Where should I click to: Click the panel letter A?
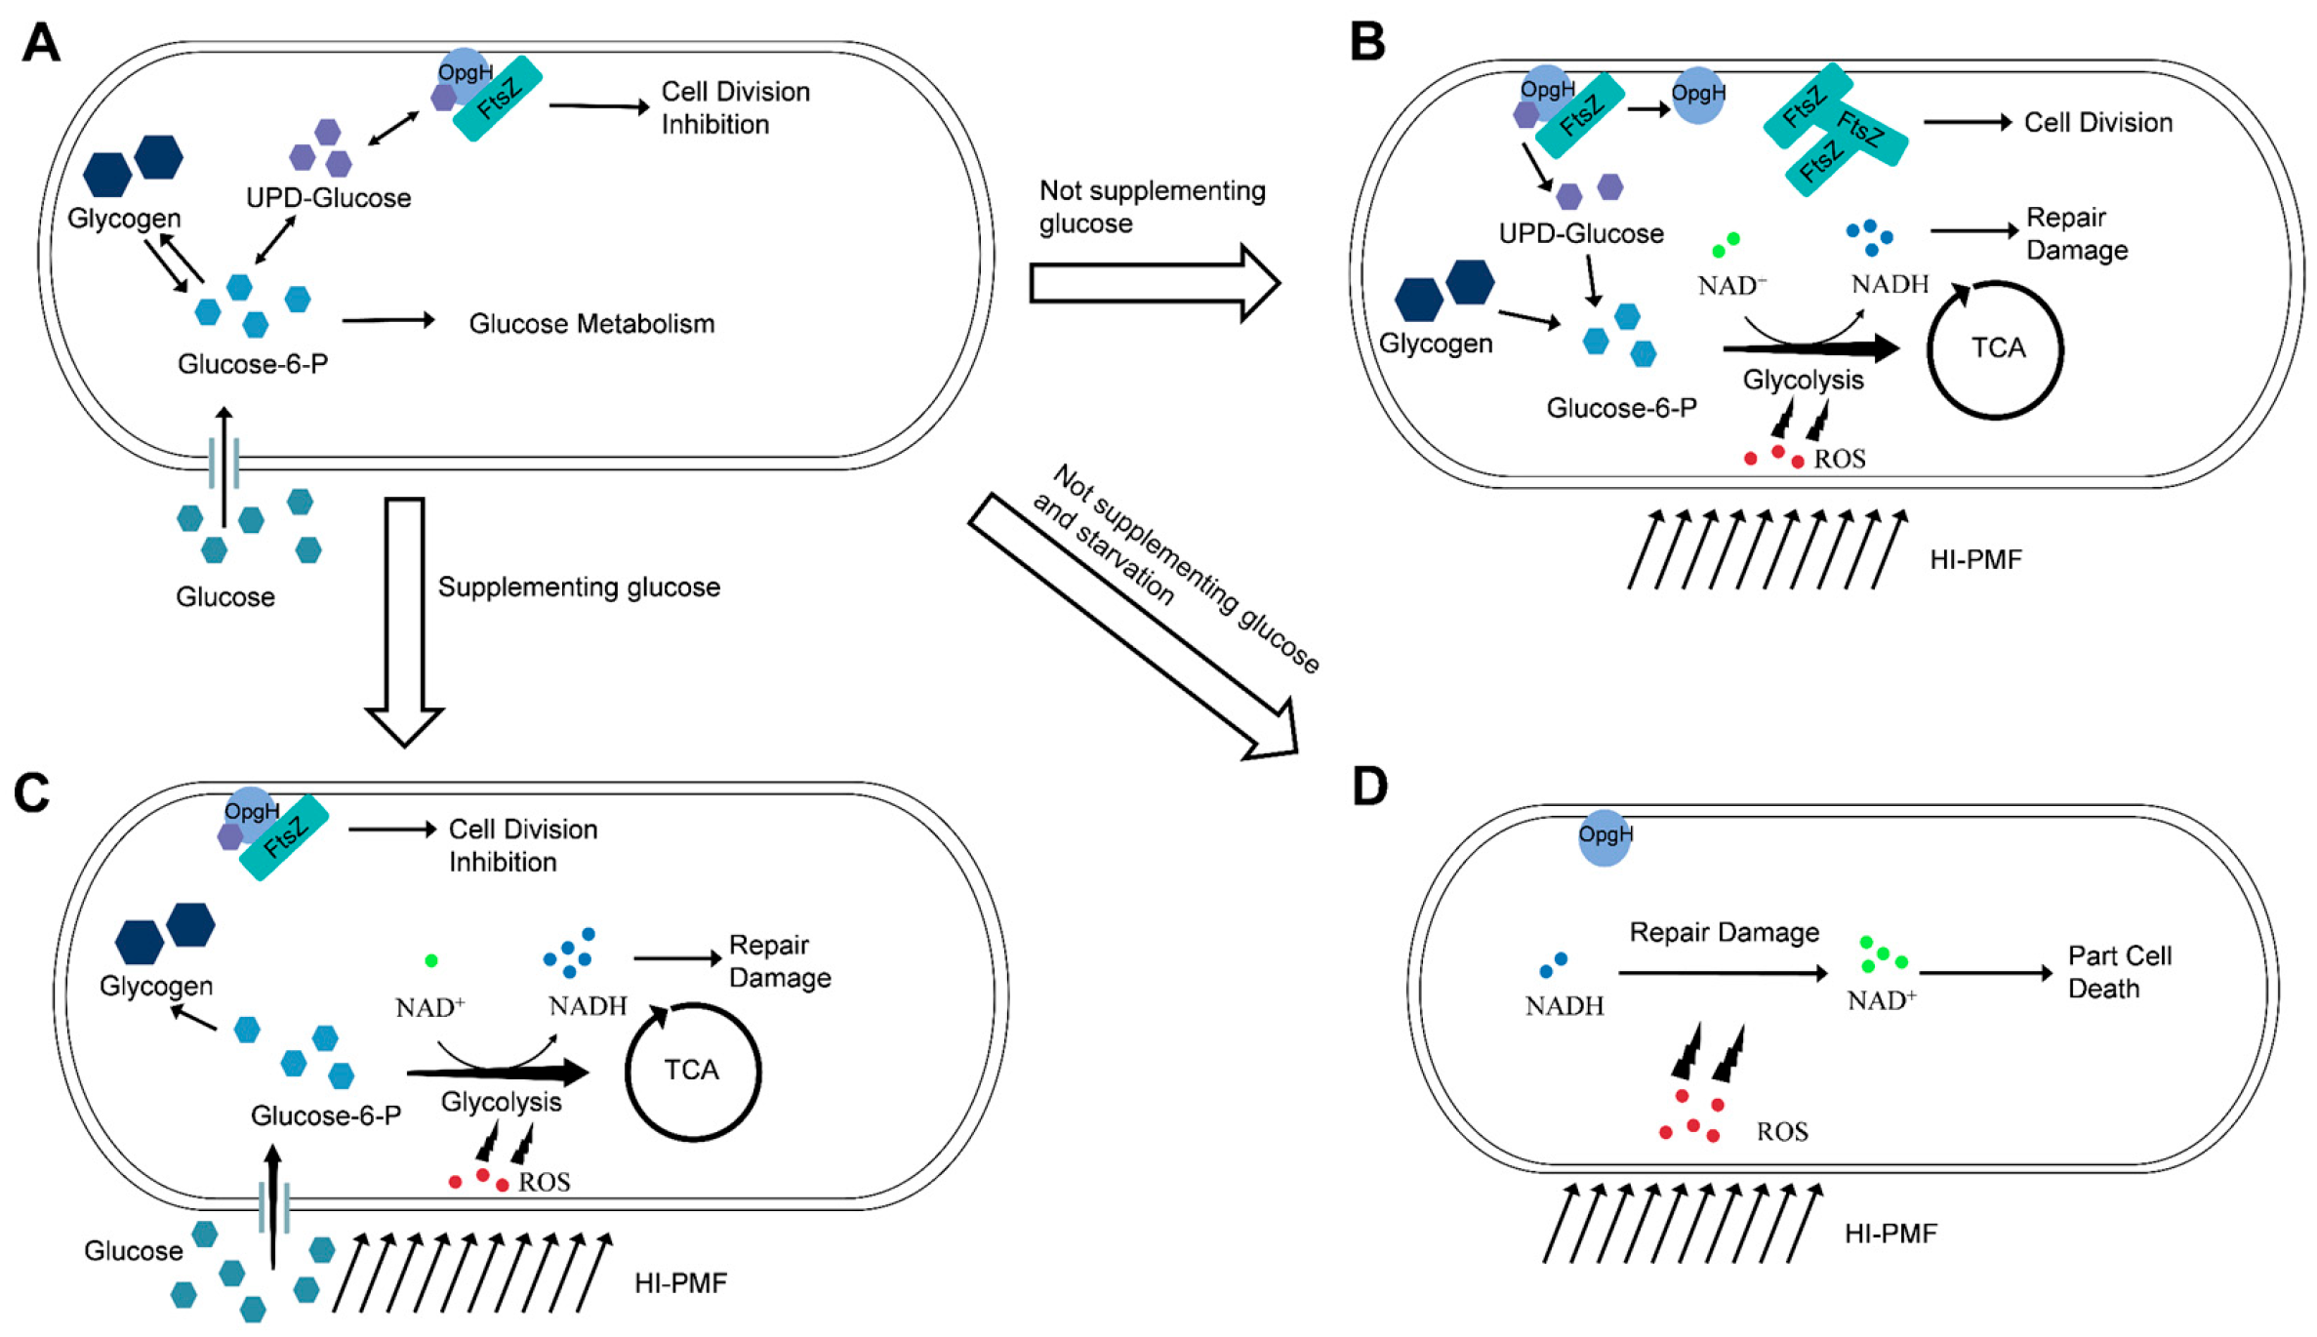tap(41, 44)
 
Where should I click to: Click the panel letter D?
tap(1370, 787)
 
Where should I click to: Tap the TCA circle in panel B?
tap(1996, 349)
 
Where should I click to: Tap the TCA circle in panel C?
tap(692, 1071)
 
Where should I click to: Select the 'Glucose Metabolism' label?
tap(591, 324)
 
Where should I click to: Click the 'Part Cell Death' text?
tap(2119, 972)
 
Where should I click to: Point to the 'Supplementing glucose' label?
tap(579, 587)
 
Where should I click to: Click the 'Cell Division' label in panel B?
tap(2097, 123)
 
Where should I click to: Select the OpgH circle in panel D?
tap(1605, 837)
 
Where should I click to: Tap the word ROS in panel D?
tap(1782, 1132)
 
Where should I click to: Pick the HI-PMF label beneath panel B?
tap(1975, 560)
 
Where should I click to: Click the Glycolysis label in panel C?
tap(501, 1102)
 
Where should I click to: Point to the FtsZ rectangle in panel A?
tap(498, 99)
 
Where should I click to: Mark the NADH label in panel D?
tap(1564, 1006)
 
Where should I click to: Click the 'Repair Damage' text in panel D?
tap(1724, 933)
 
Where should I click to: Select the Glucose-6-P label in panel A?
tap(252, 364)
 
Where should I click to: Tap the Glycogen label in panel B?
tap(1435, 344)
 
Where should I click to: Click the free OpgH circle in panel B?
tap(1698, 95)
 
